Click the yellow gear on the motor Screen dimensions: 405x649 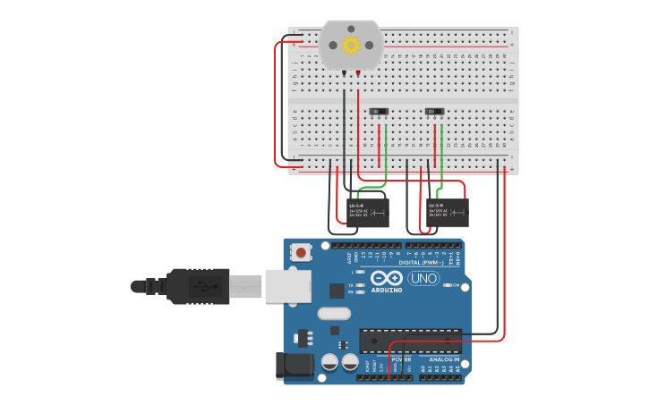click(x=351, y=45)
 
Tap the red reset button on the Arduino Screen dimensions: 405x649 click(x=301, y=253)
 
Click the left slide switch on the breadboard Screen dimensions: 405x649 click(x=379, y=112)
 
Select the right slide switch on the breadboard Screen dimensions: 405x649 click(x=434, y=112)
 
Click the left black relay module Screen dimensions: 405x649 click(x=368, y=212)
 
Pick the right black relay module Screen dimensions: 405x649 click(x=448, y=212)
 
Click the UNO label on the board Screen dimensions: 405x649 click(x=423, y=279)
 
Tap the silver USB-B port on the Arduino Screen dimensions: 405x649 click(x=287, y=286)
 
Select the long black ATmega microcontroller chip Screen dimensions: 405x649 click(x=410, y=341)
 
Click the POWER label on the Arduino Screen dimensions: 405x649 click(x=402, y=359)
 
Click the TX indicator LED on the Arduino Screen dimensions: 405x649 click(x=360, y=285)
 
